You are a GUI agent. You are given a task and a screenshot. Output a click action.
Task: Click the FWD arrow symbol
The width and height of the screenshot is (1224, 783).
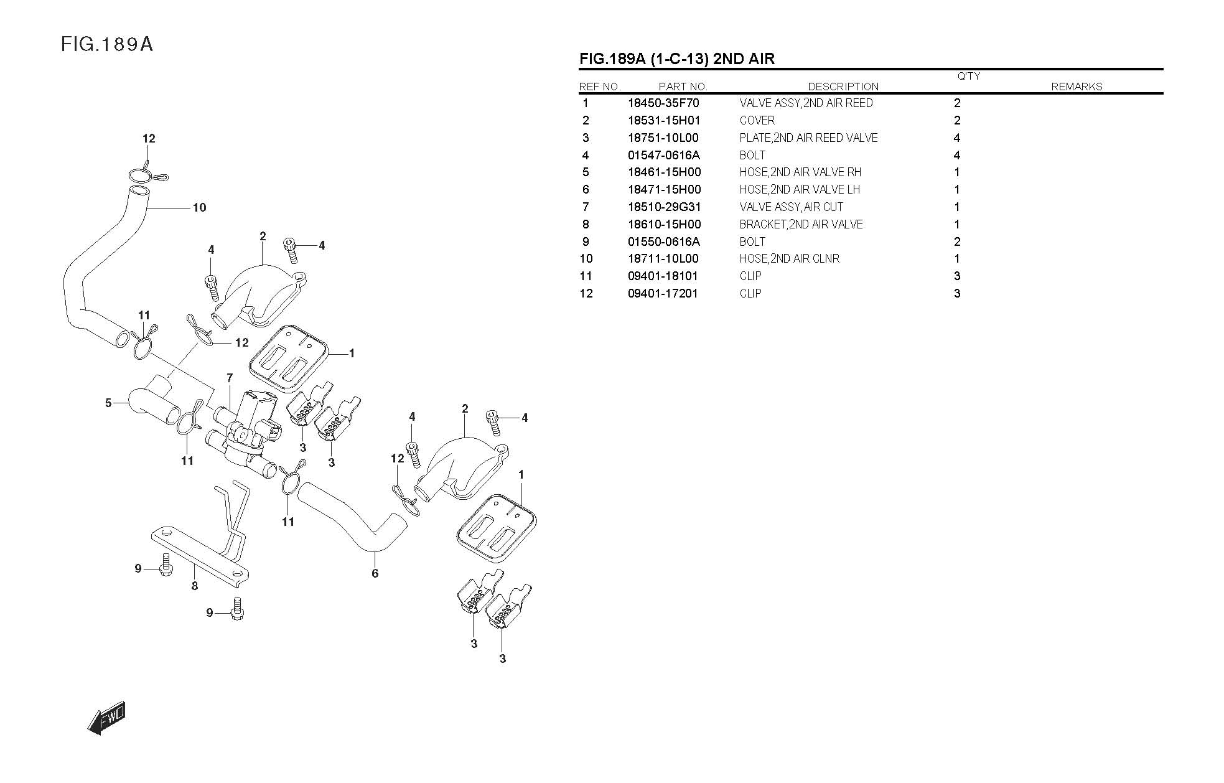[107, 718]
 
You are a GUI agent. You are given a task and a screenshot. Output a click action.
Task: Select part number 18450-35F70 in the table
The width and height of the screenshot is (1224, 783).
[663, 103]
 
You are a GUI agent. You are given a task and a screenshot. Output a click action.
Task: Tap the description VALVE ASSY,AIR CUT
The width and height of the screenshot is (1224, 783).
[791, 207]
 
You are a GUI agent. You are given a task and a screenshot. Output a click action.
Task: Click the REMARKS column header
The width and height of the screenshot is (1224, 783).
[1076, 87]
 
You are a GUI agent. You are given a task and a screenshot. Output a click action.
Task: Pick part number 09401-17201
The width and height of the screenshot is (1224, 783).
[663, 293]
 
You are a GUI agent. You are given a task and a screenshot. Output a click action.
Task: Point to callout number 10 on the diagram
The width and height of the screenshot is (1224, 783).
[199, 207]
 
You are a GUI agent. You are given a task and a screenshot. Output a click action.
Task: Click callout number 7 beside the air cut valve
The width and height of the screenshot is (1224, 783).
[230, 378]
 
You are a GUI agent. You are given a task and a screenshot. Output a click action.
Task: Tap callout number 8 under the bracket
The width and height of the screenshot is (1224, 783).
[195, 586]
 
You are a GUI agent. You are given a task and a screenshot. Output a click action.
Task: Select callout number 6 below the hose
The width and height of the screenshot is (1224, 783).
[375, 573]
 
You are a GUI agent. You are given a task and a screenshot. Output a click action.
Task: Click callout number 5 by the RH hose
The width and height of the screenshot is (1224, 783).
[108, 403]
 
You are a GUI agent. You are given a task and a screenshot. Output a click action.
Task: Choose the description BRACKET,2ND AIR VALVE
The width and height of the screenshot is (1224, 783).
[801, 224]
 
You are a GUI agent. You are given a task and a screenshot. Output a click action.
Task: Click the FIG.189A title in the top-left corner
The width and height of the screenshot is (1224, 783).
[107, 44]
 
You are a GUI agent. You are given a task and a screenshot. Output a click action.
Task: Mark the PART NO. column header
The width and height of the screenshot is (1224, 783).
[683, 87]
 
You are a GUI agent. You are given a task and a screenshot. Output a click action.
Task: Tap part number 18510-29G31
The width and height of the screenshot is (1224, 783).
[664, 207]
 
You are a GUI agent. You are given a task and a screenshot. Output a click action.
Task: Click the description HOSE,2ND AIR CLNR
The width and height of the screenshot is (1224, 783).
[789, 258]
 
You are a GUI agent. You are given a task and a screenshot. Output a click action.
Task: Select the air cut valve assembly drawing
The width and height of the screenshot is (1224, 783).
[246, 423]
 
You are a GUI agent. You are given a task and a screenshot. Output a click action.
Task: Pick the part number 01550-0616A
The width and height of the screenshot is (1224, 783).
[663, 241]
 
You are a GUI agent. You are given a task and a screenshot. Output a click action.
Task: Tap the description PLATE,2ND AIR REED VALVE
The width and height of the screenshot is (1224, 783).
[808, 138]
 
